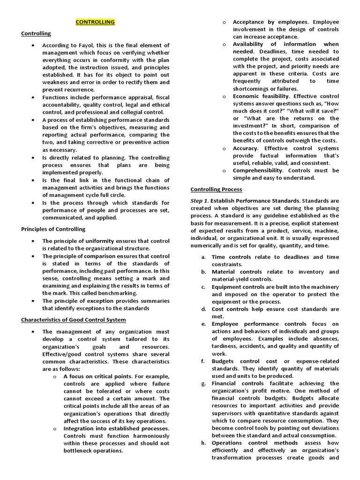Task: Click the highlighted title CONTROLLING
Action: (95, 22)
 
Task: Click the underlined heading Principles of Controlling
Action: (53, 229)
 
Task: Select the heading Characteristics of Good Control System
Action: (73, 320)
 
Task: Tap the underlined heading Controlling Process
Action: (216, 189)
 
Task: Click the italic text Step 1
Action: (199, 201)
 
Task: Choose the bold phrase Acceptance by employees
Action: (270, 22)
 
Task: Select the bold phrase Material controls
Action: (237, 272)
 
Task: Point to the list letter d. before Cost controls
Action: (204, 309)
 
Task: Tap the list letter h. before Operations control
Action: (204, 443)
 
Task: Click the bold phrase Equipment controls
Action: (239, 287)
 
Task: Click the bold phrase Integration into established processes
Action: (116, 428)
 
